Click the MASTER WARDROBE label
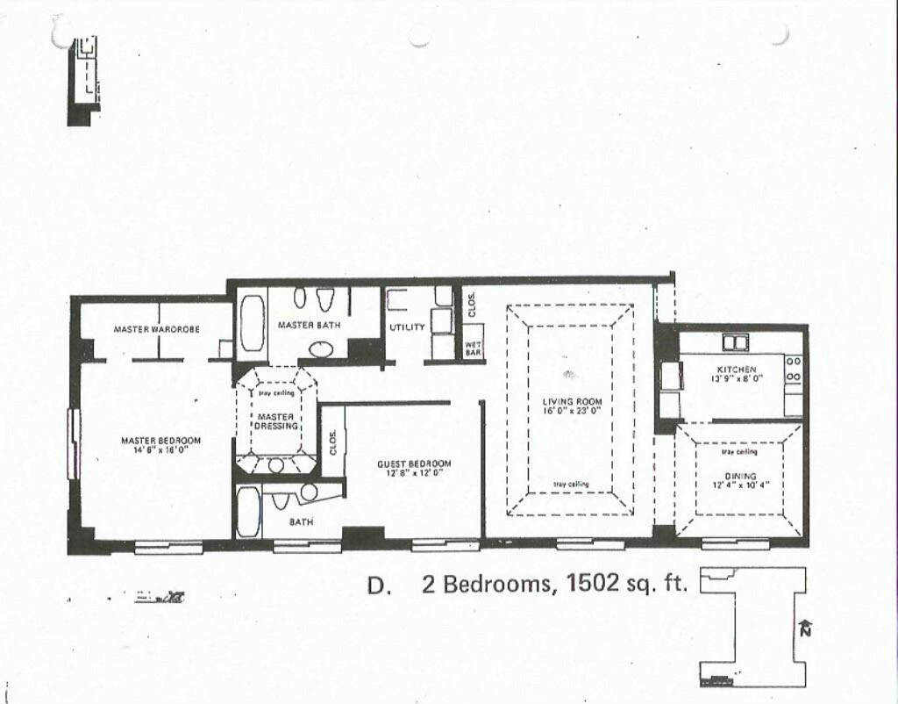coord(157,329)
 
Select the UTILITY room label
coord(407,327)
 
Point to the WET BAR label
coord(473,348)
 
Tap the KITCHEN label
coord(737,370)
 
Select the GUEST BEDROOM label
coord(414,463)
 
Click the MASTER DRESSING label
coord(277,420)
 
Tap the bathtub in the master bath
coord(252,324)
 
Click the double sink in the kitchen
coord(734,342)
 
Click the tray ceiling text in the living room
coord(572,485)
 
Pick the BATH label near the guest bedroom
coord(302,522)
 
